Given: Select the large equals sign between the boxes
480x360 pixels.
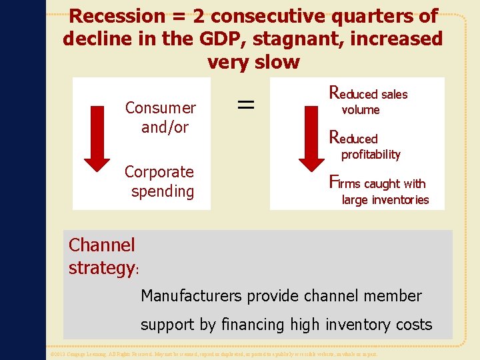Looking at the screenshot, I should (246, 103).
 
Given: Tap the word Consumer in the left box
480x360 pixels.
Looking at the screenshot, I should (161, 108).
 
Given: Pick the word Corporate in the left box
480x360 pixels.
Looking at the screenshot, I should (159, 172).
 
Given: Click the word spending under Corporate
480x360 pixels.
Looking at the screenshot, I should (163, 191).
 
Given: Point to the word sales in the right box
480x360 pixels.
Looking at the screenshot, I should (394, 95).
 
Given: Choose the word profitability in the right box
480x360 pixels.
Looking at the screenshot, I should (371, 155).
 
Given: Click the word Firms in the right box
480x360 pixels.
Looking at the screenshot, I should (345, 182).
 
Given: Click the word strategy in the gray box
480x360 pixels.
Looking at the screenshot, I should (101, 268).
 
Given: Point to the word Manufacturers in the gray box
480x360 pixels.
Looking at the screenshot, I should (193, 296).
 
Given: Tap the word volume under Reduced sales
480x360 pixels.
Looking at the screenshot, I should (361, 110).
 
